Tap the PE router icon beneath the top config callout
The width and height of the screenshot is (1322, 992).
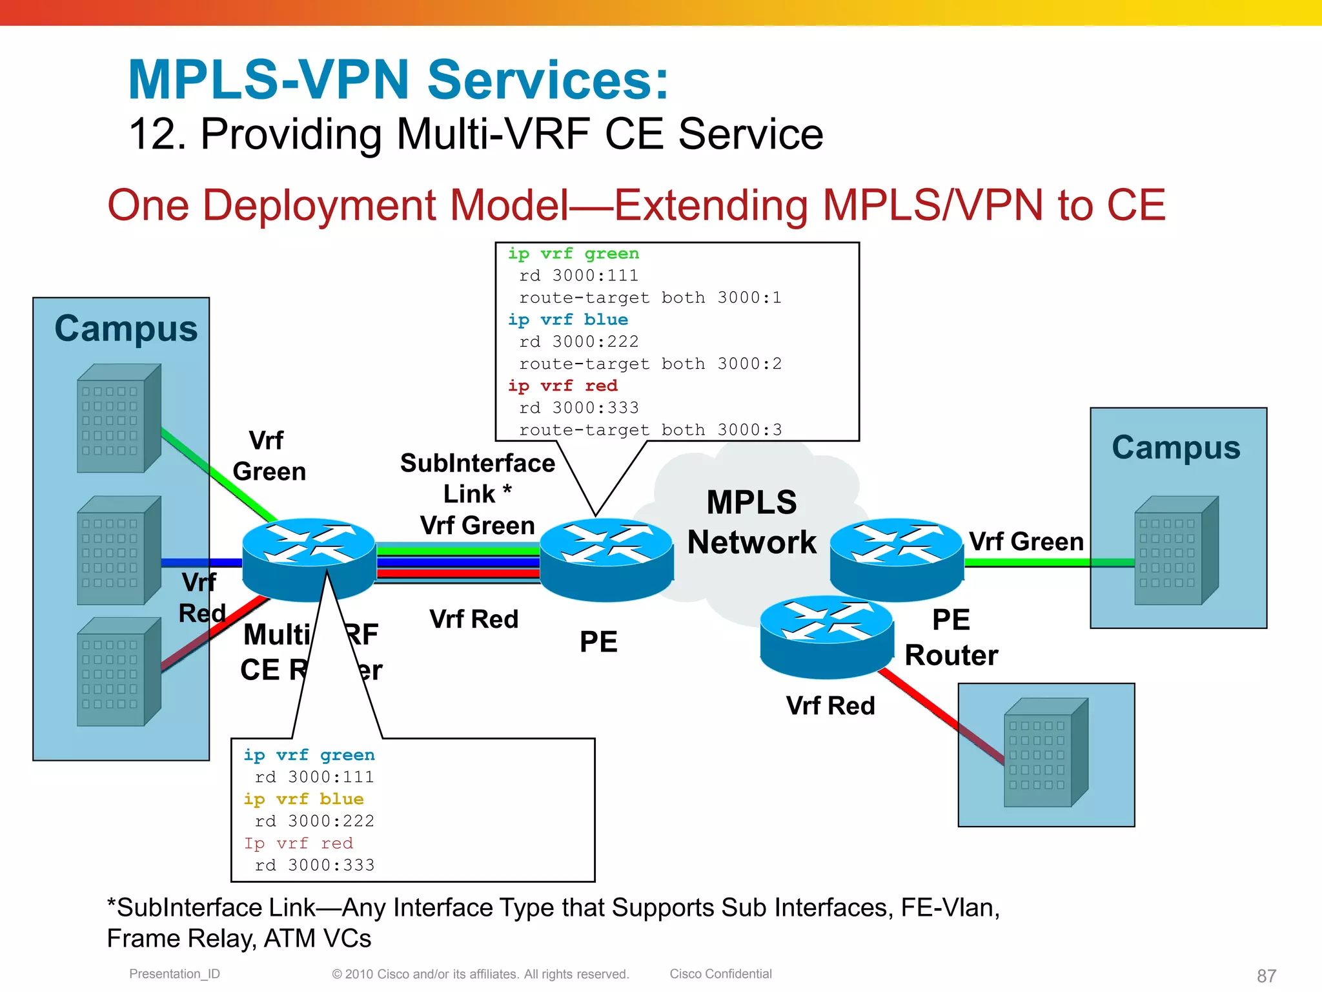coord(605,558)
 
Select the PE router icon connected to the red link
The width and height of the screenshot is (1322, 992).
coord(826,635)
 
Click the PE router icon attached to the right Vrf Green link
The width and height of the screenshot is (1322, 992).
coord(896,558)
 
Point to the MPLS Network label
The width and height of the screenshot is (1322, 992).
coord(751,522)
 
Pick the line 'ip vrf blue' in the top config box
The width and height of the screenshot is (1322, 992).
coord(567,320)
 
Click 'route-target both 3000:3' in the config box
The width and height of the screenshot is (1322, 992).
coord(650,429)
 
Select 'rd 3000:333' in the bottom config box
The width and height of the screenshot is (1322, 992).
coord(314,865)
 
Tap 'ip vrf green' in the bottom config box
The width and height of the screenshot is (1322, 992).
coord(309,755)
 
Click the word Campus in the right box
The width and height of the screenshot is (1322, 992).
coord(1175,447)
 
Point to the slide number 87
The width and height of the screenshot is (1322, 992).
coord(1266,975)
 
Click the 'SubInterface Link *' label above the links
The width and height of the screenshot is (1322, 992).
coord(477,479)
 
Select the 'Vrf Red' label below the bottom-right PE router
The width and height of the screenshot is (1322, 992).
coord(830,705)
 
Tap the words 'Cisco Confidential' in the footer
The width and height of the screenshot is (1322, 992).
coord(720,973)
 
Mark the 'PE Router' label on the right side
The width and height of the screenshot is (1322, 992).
coord(951,637)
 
